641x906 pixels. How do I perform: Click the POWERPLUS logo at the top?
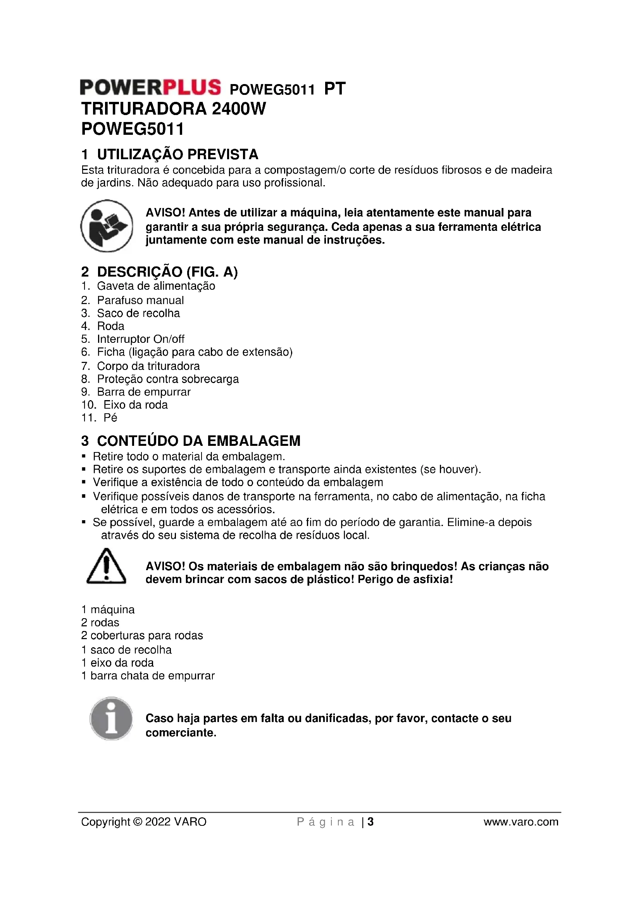coord(150,87)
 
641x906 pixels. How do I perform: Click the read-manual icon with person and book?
coord(107,226)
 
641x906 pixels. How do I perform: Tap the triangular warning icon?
coord(106,567)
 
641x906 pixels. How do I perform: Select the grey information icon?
coord(111,718)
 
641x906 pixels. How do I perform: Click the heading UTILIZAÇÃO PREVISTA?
coord(177,154)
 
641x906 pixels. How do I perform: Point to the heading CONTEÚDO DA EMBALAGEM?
coord(198,441)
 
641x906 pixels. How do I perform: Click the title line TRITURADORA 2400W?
coord(173,108)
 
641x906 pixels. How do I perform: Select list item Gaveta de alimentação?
coord(156,286)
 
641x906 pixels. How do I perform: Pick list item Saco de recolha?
coord(138,313)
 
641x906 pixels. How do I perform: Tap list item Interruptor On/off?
coord(141,339)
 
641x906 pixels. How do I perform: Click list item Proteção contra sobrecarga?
coord(168,379)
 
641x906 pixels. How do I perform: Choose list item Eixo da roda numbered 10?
coord(135,405)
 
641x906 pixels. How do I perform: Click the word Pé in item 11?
coord(110,418)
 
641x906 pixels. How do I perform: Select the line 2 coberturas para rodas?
coord(142,636)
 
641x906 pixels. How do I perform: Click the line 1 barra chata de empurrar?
coord(148,676)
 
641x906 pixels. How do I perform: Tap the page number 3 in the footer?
coord(370,822)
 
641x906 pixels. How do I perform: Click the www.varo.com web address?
coord(520,822)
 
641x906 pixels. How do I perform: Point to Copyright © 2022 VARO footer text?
coord(144,822)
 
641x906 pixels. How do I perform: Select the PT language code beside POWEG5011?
coord(334,89)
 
